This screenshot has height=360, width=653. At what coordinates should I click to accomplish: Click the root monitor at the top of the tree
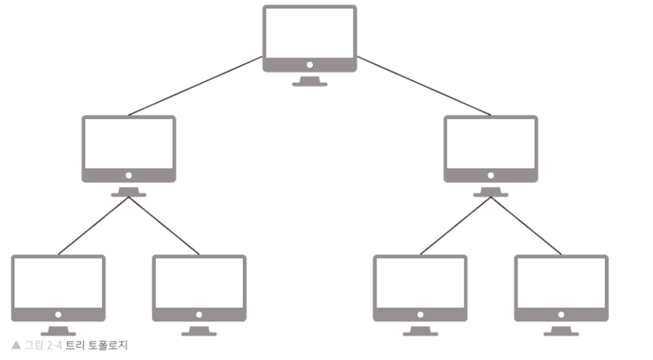[x=310, y=39]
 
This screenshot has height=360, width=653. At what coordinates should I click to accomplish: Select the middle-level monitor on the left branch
[x=128, y=150]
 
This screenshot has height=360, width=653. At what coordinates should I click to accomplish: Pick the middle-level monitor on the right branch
[x=491, y=150]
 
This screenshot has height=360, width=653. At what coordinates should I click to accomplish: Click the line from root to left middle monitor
[x=195, y=86]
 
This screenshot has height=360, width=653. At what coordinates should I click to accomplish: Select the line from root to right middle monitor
[x=424, y=86]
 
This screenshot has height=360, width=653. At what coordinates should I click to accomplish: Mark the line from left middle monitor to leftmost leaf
[x=93, y=225]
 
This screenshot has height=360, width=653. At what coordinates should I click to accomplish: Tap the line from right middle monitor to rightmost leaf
[x=526, y=225]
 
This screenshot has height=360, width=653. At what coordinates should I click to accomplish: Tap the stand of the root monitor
[x=310, y=81]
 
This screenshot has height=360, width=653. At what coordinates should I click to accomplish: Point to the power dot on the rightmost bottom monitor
[x=561, y=314]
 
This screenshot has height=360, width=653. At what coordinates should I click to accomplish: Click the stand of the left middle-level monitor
[x=128, y=191]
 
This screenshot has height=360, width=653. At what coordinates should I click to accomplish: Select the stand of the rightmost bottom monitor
[x=561, y=330]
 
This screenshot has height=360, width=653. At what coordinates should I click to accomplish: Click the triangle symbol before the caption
[x=16, y=346]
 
